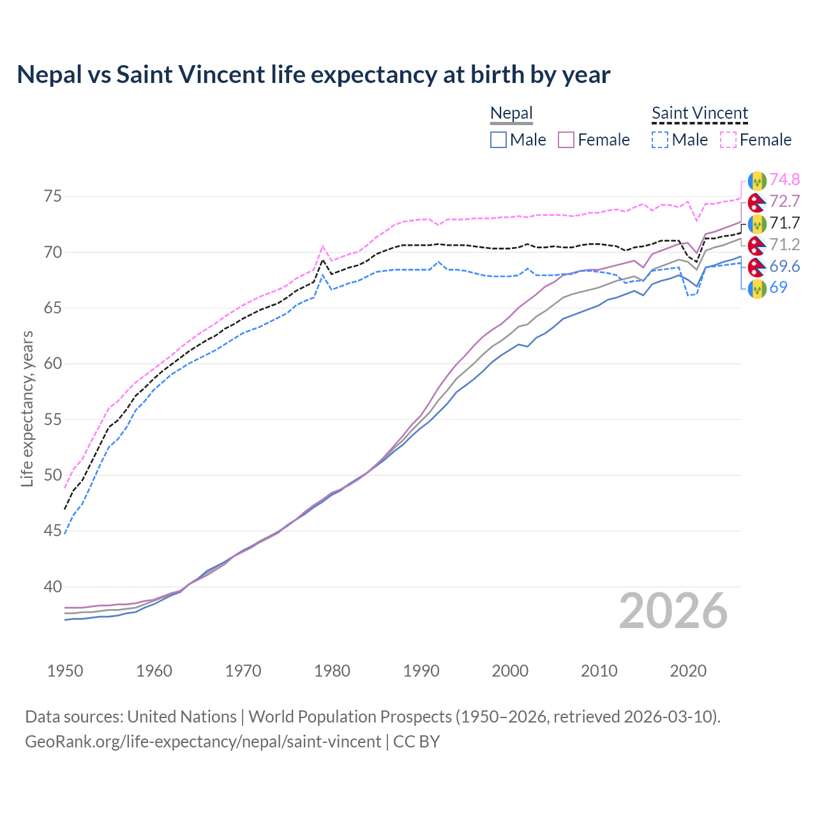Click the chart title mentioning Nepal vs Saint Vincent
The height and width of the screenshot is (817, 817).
click(x=313, y=75)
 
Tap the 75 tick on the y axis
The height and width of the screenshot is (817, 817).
click(x=52, y=196)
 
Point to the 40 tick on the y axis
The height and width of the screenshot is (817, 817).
click(x=52, y=587)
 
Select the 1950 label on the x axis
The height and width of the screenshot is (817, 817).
click(x=65, y=671)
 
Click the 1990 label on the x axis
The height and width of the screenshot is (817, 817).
click(x=421, y=671)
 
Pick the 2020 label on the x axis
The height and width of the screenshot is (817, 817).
click(x=688, y=671)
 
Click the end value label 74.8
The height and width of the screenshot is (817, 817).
click(x=784, y=179)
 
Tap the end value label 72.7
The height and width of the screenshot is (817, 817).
click(x=784, y=201)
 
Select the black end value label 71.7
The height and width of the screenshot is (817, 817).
click(x=784, y=223)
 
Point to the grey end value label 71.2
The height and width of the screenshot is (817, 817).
click(x=784, y=244)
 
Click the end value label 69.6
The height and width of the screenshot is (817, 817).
click(x=784, y=266)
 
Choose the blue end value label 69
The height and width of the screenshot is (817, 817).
click(x=778, y=287)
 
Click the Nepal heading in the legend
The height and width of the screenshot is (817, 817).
click(x=511, y=114)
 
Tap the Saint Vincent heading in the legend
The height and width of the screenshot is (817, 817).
click(x=700, y=114)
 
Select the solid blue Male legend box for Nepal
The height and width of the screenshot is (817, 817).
click(x=498, y=140)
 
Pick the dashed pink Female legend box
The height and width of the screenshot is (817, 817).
click(x=728, y=140)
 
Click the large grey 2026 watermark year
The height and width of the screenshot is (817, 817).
click(x=673, y=611)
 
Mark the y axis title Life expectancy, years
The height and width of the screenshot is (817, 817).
click(x=27, y=408)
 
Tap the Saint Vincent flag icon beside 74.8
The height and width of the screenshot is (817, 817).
click(x=757, y=181)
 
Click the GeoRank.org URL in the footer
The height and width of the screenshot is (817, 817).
click(x=203, y=742)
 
